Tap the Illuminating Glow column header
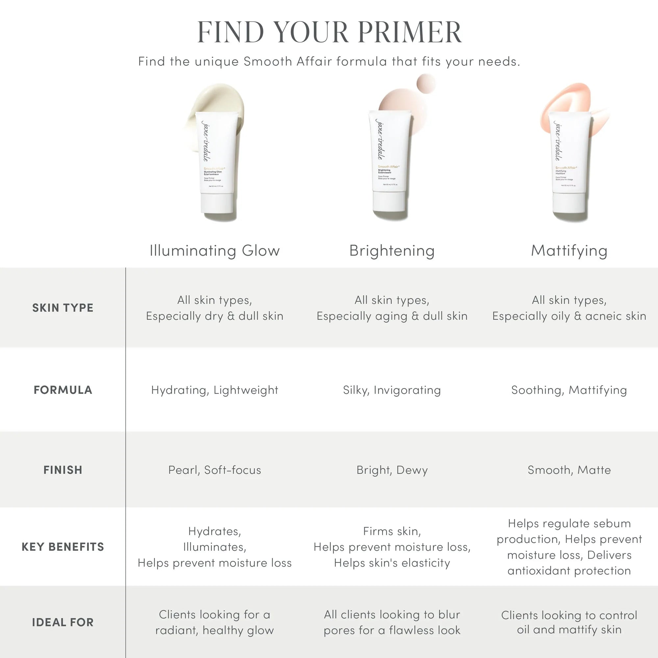click(x=215, y=251)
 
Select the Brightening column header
click(x=392, y=251)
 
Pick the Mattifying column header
click(x=569, y=251)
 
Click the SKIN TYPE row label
click(x=63, y=308)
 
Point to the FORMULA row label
click(x=63, y=390)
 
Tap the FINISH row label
click(x=63, y=470)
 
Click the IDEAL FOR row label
click(x=63, y=622)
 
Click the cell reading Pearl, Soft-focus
click(x=215, y=470)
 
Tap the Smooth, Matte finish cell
click(x=569, y=470)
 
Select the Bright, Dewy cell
click(x=392, y=470)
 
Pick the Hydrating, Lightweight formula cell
click(x=215, y=390)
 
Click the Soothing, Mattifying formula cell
click(x=569, y=390)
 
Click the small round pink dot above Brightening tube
click(x=426, y=83)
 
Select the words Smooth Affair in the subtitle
click(x=288, y=62)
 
